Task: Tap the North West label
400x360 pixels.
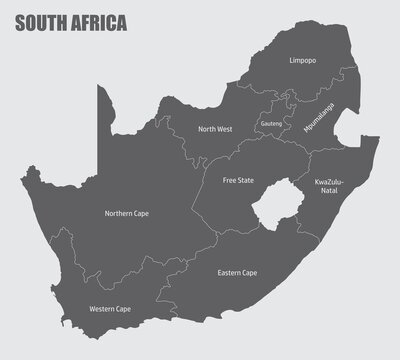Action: [214, 129]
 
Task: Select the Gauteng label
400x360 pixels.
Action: [271, 123]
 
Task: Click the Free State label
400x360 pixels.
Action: [237, 181]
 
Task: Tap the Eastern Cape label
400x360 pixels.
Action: [237, 272]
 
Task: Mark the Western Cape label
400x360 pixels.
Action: [109, 309]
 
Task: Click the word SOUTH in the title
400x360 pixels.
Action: [38, 23]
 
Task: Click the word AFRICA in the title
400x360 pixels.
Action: [98, 23]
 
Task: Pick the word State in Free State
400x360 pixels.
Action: [247, 181]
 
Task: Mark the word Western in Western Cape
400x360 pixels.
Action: [101, 309]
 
